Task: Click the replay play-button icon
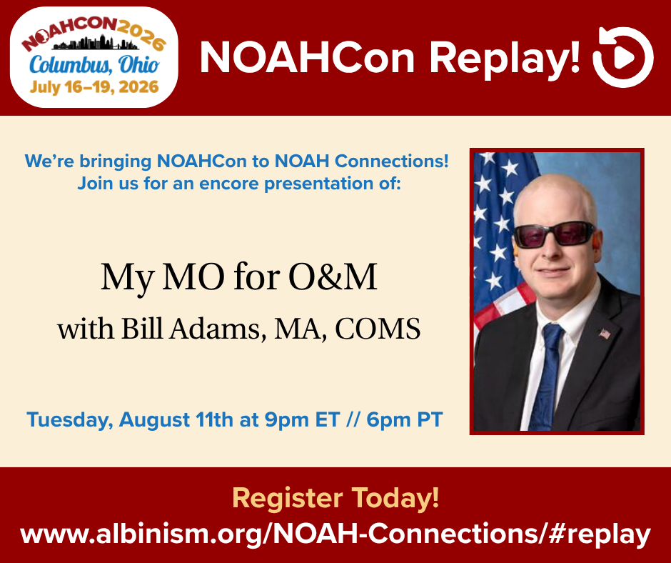[x=623, y=57]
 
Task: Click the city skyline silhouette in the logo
[x=96, y=44]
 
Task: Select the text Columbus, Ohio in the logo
[x=94, y=65]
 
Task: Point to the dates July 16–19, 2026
[x=94, y=87]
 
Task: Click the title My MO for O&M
[x=239, y=278]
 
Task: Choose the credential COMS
[x=378, y=329]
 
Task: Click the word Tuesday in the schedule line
[x=70, y=420]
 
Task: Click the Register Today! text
[x=335, y=498]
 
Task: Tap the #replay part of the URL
[x=599, y=534]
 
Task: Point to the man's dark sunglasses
[x=555, y=234]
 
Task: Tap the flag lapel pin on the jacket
[x=604, y=334]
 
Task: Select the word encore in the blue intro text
[x=229, y=184]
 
